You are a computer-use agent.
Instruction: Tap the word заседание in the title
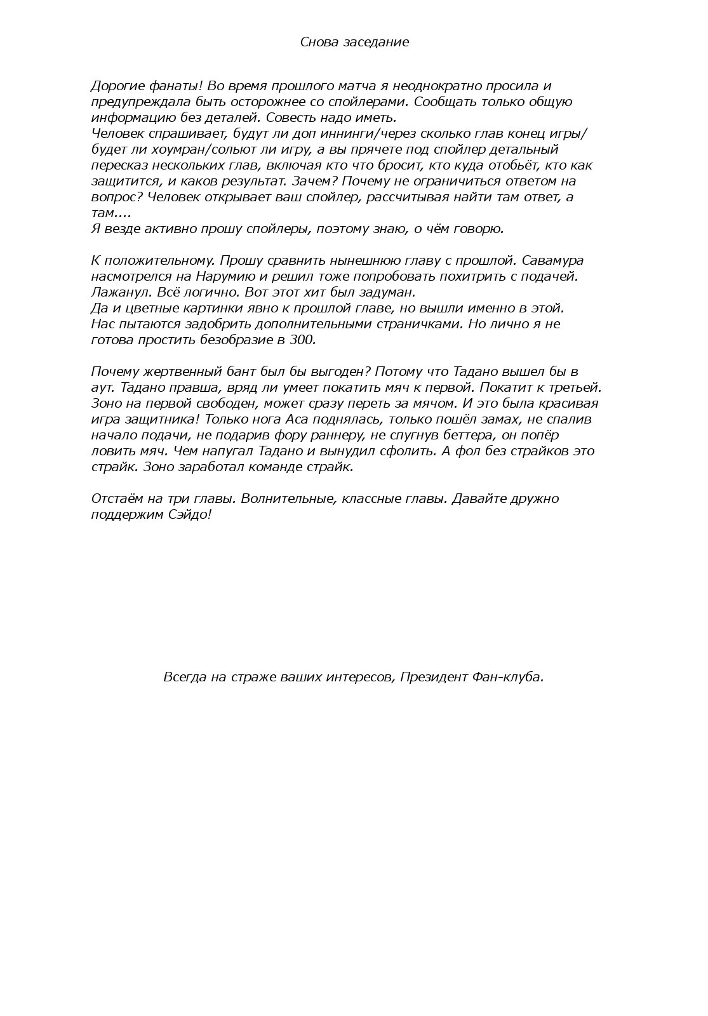pyautogui.click(x=376, y=42)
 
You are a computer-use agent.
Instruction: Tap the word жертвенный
pyautogui.click(x=168, y=371)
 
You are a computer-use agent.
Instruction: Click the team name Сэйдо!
pyautogui.click(x=187, y=514)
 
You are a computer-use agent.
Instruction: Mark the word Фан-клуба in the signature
pyautogui.click(x=507, y=677)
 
